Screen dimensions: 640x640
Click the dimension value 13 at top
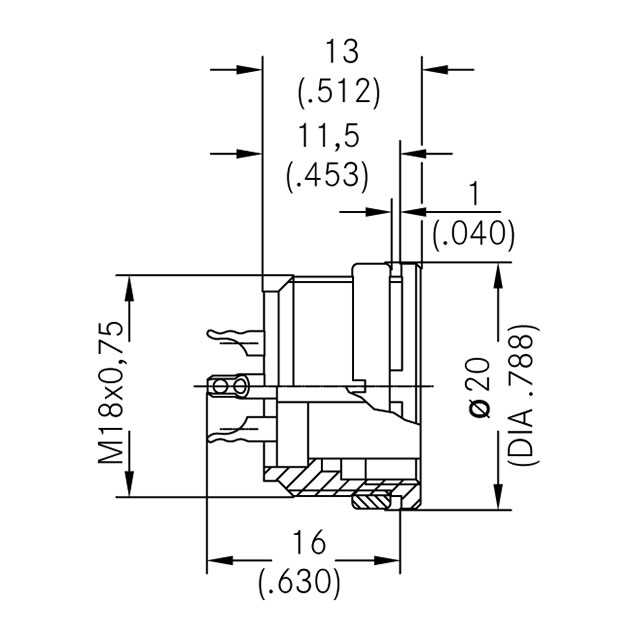tap(340, 50)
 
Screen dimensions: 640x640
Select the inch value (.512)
tap(340, 92)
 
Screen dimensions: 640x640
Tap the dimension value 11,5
tap(327, 135)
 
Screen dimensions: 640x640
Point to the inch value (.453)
tap(327, 176)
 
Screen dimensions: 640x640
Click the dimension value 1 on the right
tap(473, 194)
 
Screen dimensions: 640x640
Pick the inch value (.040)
tap(473, 235)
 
